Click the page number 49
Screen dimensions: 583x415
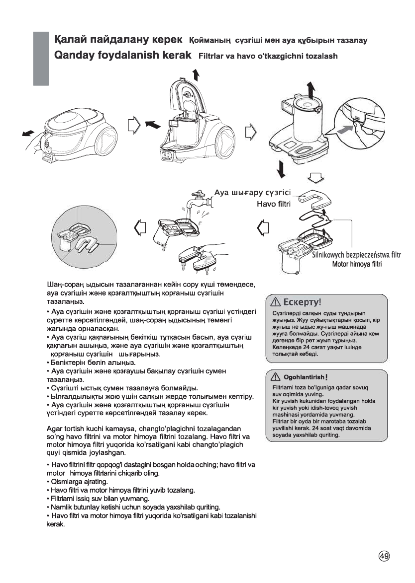[x=384, y=556]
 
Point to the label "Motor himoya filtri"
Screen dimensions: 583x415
[x=357, y=264]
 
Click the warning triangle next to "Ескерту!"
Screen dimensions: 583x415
[x=275, y=301]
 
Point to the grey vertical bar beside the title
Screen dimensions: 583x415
[x=41, y=58]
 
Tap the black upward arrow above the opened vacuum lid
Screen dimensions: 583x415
[x=196, y=74]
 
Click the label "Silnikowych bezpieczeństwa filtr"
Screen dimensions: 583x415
[x=356, y=255]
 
